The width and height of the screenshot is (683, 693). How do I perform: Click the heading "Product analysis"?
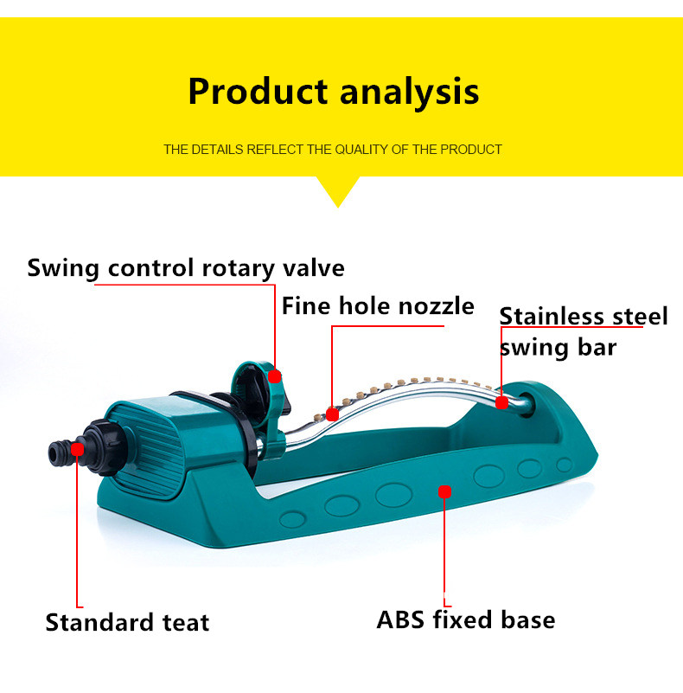pyautogui.click(x=334, y=92)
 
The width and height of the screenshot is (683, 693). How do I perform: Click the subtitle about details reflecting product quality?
pyautogui.click(x=333, y=150)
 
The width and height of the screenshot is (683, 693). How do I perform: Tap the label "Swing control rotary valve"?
pyautogui.click(x=186, y=268)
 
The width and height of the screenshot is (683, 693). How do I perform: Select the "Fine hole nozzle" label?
pyautogui.click(x=378, y=306)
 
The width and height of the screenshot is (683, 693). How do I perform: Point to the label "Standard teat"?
pyautogui.click(x=127, y=623)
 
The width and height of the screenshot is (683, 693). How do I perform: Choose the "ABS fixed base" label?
pyautogui.click(x=466, y=619)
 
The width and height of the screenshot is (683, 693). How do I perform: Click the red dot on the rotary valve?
pyautogui.click(x=274, y=376)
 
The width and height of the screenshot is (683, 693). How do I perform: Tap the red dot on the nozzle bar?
pyautogui.click(x=332, y=414)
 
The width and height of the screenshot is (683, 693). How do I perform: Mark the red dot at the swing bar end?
pyautogui.click(x=501, y=402)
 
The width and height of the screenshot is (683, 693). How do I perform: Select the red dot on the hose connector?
pyautogui.click(x=77, y=450)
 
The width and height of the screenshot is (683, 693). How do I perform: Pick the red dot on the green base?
pyautogui.click(x=444, y=491)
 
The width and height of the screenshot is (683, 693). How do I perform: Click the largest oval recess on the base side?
pyautogui.click(x=393, y=495)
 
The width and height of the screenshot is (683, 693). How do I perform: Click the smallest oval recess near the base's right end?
pyautogui.click(x=565, y=465)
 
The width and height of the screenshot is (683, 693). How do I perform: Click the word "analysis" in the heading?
pyautogui.click(x=409, y=92)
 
